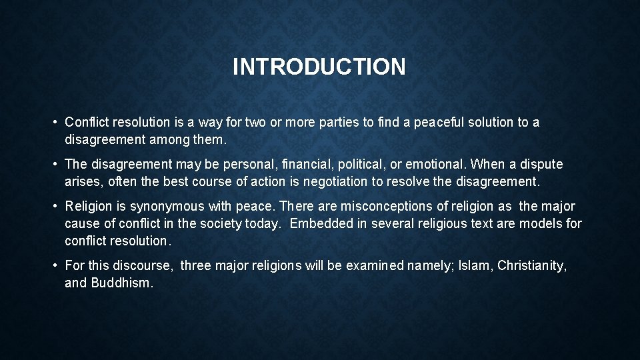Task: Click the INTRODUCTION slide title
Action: tap(319, 67)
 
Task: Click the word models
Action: tap(543, 223)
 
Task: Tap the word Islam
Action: tap(475, 266)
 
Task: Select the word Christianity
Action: tap(532, 266)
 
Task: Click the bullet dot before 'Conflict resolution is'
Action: tap(55, 123)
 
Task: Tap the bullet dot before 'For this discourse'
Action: tap(55, 266)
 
